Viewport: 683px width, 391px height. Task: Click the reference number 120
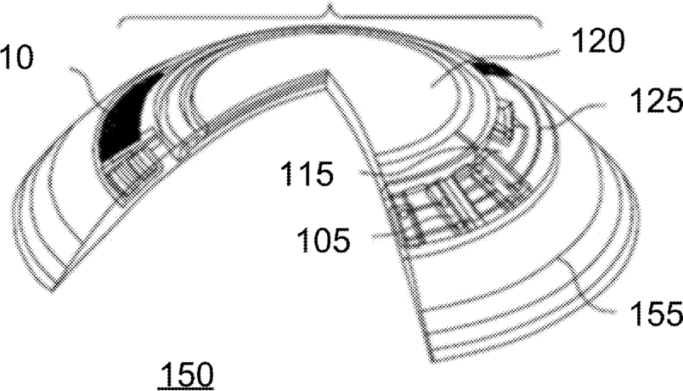point(598,41)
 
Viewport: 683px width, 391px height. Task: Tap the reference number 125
point(656,99)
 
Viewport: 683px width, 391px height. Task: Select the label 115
point(307,173)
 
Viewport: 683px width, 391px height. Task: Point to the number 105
point(323,240)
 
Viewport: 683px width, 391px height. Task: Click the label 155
point(656,314)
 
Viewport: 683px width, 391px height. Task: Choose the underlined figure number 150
point(186,374)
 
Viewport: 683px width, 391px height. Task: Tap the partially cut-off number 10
point(16,57)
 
